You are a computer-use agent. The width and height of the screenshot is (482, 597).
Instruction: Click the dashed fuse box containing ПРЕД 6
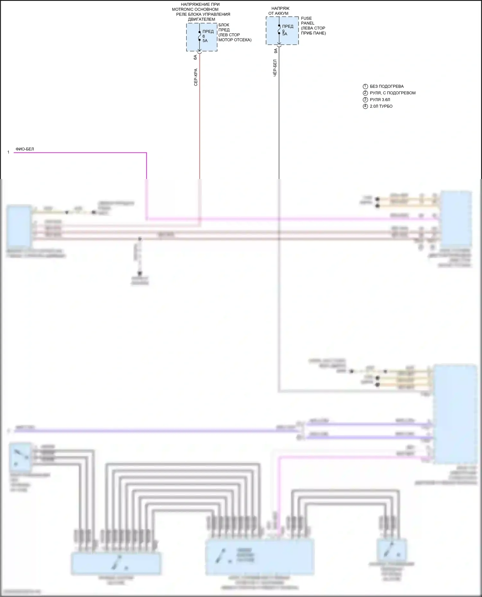(202, 37)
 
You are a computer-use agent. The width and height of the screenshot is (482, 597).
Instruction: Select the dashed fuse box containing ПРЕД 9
(282, 31)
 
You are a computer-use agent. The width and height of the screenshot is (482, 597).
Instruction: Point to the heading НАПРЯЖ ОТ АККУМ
(280, 11)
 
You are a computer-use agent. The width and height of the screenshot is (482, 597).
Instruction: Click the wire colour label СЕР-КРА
(196, 77)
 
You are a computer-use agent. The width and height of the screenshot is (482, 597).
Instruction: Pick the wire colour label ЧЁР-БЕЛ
(275, 68)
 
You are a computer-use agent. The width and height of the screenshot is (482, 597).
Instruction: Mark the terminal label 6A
(195, 57)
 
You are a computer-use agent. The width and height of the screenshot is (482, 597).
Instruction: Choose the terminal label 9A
(276, 51)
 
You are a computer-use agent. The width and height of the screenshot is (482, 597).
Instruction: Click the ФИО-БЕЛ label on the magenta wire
(25, 149)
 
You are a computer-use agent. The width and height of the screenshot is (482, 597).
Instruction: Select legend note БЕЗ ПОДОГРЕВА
(387, 86)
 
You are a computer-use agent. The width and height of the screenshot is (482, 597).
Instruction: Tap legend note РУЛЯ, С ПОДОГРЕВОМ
(393, 93)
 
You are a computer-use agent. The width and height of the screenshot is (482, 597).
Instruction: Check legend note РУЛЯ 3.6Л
(380, 100)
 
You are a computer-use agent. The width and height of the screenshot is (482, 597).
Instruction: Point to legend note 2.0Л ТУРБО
(381, 106)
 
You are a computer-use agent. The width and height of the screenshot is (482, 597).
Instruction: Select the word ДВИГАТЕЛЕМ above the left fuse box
(201, 19)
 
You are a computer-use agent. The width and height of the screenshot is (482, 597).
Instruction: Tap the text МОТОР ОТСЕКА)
(235, 40)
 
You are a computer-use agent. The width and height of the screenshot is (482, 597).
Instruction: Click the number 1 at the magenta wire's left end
(8, 152)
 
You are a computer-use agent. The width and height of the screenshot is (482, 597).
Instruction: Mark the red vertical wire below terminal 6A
(200, 122)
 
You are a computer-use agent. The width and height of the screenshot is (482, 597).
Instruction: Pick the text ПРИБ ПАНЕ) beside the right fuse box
(313, 33)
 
